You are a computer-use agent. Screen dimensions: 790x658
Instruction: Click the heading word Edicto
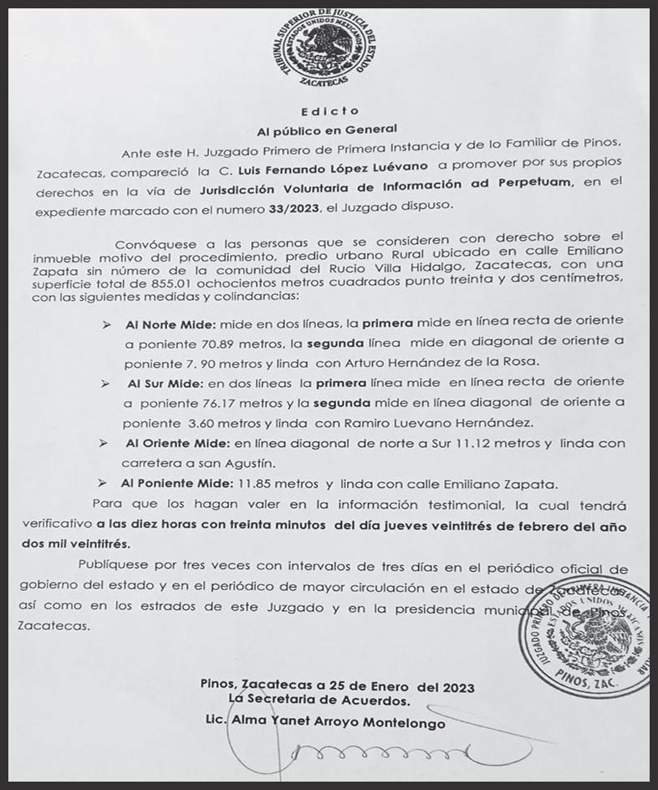click(x=330, y=111)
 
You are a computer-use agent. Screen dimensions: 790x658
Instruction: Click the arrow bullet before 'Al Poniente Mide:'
click(x=102, y=483)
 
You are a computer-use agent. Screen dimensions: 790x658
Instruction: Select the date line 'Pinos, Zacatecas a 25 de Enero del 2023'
click(x=337, y=687)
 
